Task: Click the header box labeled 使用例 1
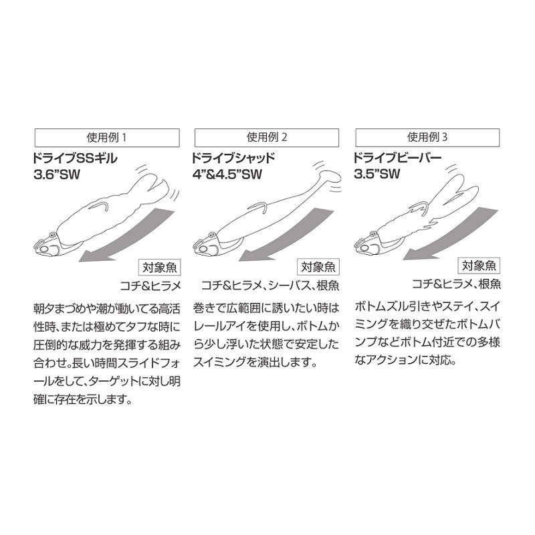[x=106, y=138]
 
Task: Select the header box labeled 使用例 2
[x=267, y=138]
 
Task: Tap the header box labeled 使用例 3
[x=427, y=138]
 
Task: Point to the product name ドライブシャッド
[x=233, y=159]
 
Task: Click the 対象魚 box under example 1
[x=158, y=267]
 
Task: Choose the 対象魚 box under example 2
[x=318, y=267]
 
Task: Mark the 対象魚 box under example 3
[x=479, y=267]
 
